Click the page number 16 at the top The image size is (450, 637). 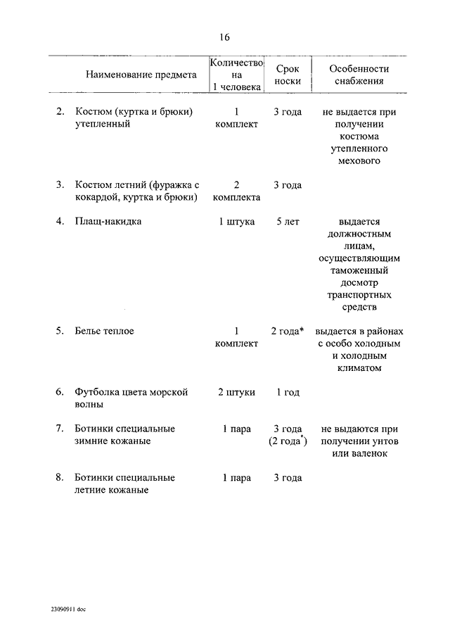pyautogui.click(x=224, y=37)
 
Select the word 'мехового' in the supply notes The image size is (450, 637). pyautogui.click(x=359, y=161)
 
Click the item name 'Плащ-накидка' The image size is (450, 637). pyautogui.click(x=108, y=221)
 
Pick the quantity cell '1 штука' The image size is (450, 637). pyautogui.click(x=236, y=221)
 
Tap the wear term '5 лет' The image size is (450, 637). pyautogui.click(x=288, y=221)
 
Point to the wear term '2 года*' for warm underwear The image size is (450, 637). pyautogui.click(x=288, y=330)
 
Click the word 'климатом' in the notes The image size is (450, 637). pyautogui.click(x=359, y=367)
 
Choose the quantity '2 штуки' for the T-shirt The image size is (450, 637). pyautogui.click(x=236, y=392)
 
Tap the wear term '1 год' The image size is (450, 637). pyautogui.click(x=288, y=392)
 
